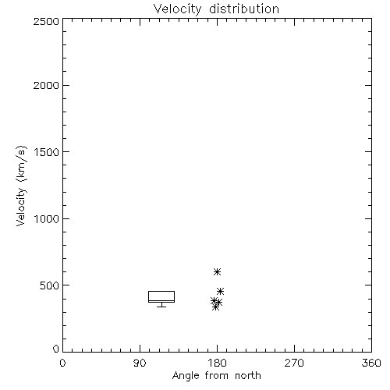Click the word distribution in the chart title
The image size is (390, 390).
click(244, 9)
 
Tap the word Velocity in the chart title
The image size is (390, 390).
click(177, 9)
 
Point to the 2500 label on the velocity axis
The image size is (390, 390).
click(46, 21)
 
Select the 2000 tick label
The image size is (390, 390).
click(46, 85)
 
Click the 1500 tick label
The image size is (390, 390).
click(47, 152)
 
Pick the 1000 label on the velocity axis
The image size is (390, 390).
click(47, 219)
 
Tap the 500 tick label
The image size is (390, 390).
click(50, 285)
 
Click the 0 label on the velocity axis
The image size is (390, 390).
click(56, 349)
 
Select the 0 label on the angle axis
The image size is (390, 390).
click(62, 363)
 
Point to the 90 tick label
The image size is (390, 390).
click(140, 363)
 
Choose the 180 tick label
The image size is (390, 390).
click(217, 363)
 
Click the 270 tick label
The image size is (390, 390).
click(294, 363)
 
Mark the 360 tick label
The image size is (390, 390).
click(371, 363)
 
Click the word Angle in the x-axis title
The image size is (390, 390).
click(186, 376)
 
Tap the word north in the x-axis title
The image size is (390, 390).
click(248, 375)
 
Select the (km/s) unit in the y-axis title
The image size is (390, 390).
click(21, 164)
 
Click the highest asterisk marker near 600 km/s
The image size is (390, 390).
click(217, 272)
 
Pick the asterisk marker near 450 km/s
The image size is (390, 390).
click(221, 291)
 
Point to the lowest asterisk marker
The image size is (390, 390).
click(215, 307)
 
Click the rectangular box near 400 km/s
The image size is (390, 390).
click(161, 292)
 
